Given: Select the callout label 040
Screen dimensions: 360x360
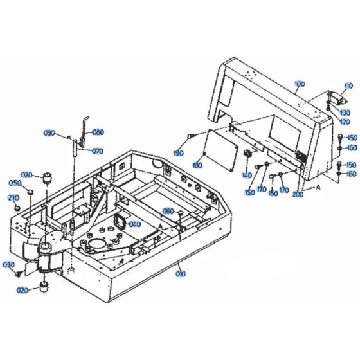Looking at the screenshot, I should click(x=134, y=224).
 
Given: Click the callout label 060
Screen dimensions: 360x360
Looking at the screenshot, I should click(x=168, y=212).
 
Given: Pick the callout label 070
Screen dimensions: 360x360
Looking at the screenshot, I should click(x=97, y=152).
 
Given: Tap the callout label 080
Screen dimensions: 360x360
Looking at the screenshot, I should click(x=98, y=133).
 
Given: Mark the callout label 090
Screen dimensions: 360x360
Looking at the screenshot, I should click(x=67, y=133).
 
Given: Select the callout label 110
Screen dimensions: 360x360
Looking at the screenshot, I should click(x=349, y=85).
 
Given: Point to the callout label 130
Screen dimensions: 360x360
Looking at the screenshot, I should click(x=345, y=113).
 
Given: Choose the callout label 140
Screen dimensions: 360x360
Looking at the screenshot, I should click(x=246, y=175).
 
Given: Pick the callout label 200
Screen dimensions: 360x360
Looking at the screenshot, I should click(x=297, y=194).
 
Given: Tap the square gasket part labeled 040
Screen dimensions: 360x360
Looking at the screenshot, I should click(x=120, y=222).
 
